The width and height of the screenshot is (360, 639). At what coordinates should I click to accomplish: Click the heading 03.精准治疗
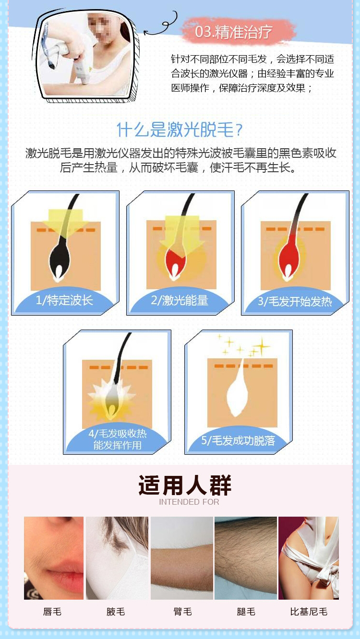[x=234, y=32]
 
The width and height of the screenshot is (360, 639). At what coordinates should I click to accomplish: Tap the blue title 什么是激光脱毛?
[x=180, y=130]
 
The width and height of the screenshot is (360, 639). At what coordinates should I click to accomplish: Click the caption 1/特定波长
[x=64, y=300]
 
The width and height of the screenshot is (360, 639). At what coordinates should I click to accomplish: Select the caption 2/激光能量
[x=180, y=300]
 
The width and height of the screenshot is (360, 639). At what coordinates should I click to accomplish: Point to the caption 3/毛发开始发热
[x=295, y=301]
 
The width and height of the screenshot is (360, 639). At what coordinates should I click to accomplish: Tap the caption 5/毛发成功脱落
[x=238, y=440]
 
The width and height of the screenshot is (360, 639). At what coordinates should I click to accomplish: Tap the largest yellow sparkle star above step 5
[x=261, y=346]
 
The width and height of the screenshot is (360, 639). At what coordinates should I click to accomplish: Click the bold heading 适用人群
[x=185, y=485]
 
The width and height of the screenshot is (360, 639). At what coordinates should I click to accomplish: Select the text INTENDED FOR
[x=189, y=502]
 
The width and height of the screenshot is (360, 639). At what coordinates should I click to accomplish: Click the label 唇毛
[x=52, y=611]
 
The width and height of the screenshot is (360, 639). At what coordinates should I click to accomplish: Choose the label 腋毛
[x=116, y=611]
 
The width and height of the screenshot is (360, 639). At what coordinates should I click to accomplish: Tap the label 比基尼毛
[x=309, y=611]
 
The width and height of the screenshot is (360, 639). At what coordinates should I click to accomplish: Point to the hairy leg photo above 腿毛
[x=246, y=558]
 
